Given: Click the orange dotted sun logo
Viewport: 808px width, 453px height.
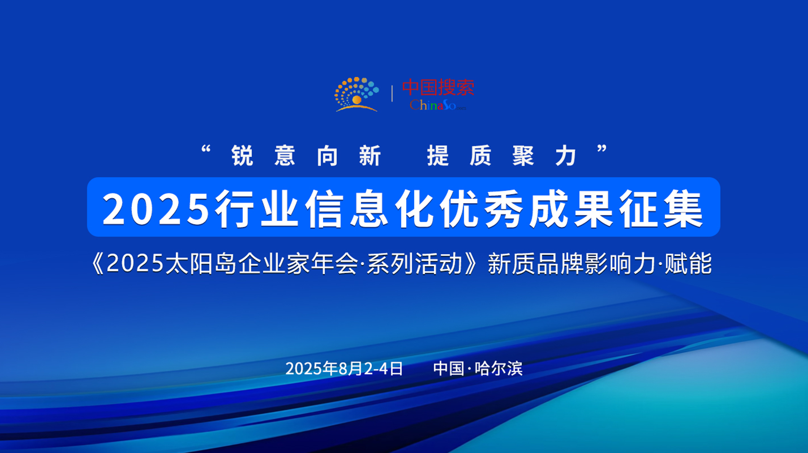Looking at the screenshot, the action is pyautogui.click(x=357, y=94).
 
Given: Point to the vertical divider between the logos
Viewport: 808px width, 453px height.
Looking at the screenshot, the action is pyautogui.click(x=392, y=94).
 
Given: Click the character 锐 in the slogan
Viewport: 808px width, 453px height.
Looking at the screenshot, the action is pyautogui.click(x=242, y=156).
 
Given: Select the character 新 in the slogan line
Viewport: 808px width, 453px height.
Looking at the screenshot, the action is pyautogui.click(x=370, y=156).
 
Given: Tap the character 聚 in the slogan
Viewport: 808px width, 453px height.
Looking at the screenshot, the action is pyautogui.click(x=523, y=156).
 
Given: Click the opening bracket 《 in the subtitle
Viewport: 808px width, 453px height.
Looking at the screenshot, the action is pyautogui.click(x=98, y=263).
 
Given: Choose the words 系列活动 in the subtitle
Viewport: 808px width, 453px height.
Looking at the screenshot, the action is pyautogui.click(x=414, y=263).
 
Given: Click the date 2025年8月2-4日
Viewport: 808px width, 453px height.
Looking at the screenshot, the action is pyautogui.click(x=344, y=368).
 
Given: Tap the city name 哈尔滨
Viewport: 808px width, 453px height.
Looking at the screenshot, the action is pyautogui.click(x=498, y=368).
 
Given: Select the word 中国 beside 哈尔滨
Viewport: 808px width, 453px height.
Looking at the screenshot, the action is pyautogui.click(x=449, y=368).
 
